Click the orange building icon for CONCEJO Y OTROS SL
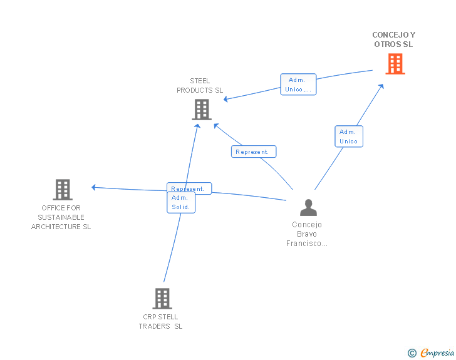(x=395, y=64)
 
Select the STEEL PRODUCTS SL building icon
(x=201, y=110)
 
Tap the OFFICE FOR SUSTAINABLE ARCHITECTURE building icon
(x=62, y=189)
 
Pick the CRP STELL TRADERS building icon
(x=162, y=299)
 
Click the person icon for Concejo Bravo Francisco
(x=308, y=207)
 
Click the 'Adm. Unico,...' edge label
(x=298, y=85)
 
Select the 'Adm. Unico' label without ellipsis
(x=348, y=136)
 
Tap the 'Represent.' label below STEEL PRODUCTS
(x=253, y=152)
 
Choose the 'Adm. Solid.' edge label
(x=181, y=203)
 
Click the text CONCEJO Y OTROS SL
(x=393, y=39)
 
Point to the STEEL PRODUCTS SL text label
(x=200, y=85)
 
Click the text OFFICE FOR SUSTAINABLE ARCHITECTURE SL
(x=61, y=217)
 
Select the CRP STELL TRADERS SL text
(x=161, y=321)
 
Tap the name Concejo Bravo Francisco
(x=307, y=234)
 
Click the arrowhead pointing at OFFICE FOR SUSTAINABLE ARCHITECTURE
(x=93, y=187)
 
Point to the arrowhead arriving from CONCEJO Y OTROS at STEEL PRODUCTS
(x=226, y=100)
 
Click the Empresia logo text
(x=437, y=353)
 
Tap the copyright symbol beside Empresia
(x=412, y=353)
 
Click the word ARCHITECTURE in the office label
(x=61, y=227)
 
